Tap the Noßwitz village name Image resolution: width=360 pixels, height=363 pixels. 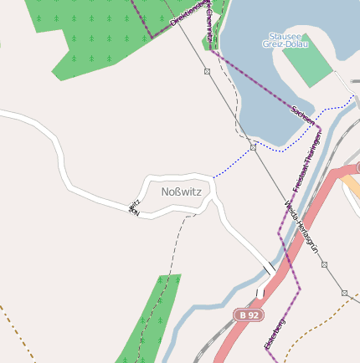point(181,192)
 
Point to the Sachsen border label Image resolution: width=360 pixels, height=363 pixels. point(303,115)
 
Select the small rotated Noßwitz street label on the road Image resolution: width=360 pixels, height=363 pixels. point(134,207)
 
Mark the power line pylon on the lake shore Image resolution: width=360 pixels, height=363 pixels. point(253,147)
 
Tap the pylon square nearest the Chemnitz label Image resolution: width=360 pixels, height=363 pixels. point(207,72)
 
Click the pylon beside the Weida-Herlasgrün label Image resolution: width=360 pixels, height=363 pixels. point(324,264)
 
